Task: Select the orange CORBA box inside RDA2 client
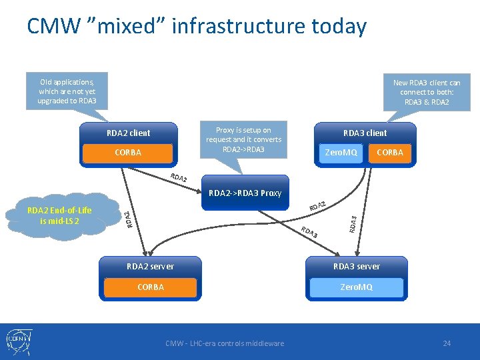pos(128,153)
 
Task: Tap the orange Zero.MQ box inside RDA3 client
pos(341,153)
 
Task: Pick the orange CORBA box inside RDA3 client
pos(390,153)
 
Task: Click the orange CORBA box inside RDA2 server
pos(150,287)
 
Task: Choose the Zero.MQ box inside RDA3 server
pos(357,287)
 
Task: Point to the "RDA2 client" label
pos(129,133)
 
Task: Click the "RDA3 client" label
pos(365,133)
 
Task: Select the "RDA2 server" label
pos(150,266)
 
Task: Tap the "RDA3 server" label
pos(357,266)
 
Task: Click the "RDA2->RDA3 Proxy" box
pos(245,193)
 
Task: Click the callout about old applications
pos(67,91)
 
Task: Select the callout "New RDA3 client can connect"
pos(427,92)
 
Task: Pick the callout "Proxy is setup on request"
pos(244,139)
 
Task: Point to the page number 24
pos(447,343)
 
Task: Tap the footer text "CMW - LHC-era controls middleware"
pos(225,343)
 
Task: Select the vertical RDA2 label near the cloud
pos(127,219)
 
